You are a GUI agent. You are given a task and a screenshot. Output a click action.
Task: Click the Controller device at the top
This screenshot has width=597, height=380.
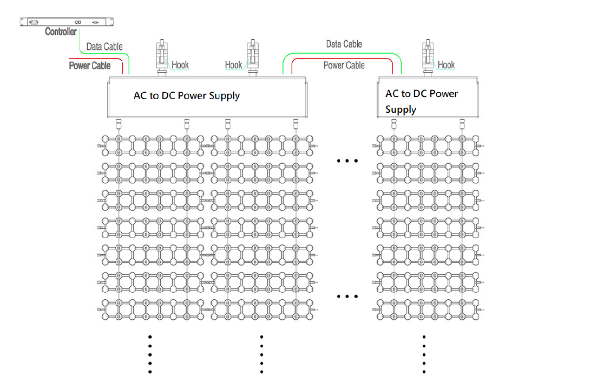67,22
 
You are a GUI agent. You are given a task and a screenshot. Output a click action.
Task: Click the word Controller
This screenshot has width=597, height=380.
61,32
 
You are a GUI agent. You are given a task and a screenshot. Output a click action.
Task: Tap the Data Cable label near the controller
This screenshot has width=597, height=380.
104,47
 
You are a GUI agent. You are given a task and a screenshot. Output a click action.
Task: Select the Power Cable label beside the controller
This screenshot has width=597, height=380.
90,66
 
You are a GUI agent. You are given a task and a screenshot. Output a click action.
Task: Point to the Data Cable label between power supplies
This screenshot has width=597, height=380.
344,44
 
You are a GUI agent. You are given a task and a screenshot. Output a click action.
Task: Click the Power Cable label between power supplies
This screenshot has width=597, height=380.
344,66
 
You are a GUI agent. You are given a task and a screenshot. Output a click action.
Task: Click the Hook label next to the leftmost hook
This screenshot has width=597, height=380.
180,65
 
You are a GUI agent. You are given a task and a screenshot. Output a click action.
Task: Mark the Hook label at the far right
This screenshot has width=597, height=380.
446,65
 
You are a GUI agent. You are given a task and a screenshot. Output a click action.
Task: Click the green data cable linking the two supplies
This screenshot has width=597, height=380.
341,54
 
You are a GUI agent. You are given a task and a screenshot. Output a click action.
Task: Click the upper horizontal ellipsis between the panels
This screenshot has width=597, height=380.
347,161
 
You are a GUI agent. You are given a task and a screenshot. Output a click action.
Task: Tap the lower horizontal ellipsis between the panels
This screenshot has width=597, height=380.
347,297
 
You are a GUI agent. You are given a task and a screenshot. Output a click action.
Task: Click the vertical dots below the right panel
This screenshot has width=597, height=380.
424,354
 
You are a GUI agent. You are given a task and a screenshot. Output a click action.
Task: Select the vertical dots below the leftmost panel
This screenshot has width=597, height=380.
150,354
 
